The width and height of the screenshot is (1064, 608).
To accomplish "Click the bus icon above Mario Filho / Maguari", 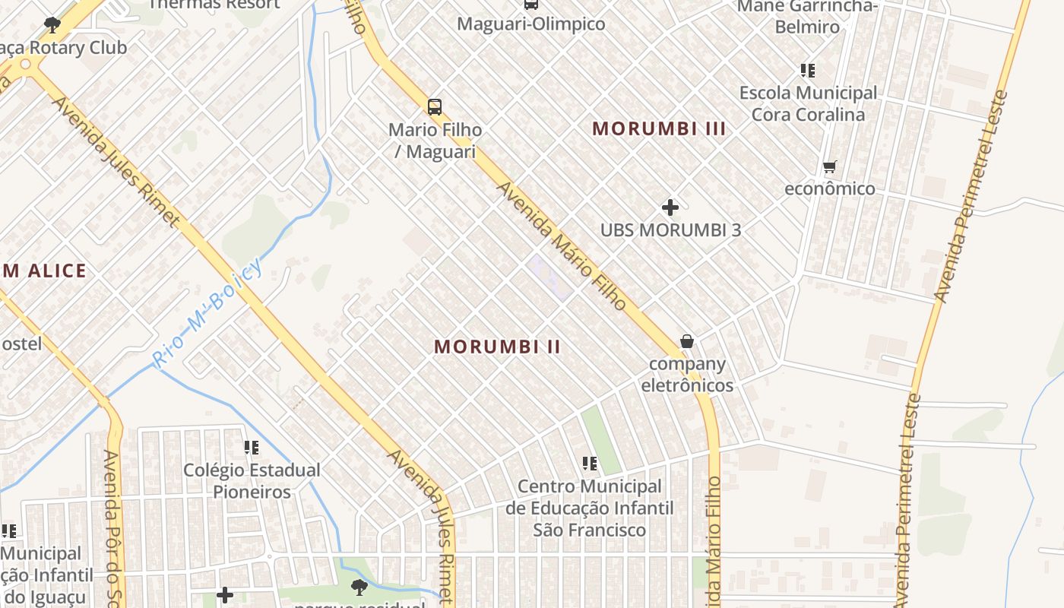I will tap(434, 107).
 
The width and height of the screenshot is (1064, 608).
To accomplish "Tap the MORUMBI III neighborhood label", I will tap(659, 128).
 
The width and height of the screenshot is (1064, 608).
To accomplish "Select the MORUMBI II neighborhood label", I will tap(497, 347).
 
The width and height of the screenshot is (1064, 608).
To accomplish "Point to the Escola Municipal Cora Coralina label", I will tap(808, 104).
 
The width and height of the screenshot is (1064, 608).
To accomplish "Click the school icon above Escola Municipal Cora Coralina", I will tap(808, 71).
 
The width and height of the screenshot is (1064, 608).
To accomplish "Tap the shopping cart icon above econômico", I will tap(830, 166).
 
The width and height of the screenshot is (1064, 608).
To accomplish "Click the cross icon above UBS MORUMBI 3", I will tap(670, 207).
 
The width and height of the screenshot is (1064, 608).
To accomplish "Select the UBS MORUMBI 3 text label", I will tap(670, 230).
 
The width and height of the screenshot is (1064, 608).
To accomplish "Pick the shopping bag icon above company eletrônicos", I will tap(687, 341).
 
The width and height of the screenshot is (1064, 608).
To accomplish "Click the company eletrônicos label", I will tap(687, 375).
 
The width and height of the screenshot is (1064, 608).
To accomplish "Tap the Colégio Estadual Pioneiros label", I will tap(252, 481).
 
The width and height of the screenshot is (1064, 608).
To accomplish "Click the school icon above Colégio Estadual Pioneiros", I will tap(252, 448).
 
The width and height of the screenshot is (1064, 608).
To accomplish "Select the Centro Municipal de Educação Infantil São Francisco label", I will tap(590, 508).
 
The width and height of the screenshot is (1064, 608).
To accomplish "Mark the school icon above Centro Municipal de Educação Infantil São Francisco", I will tap(590, 463).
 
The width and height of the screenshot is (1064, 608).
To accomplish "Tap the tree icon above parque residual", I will tap(359, 587).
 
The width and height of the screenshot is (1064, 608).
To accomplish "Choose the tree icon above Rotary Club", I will tap(52, 25).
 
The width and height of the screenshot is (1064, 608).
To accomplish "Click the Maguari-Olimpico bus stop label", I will tap(531, 24).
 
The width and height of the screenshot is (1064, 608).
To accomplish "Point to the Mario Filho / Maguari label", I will tap(435, 141).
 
